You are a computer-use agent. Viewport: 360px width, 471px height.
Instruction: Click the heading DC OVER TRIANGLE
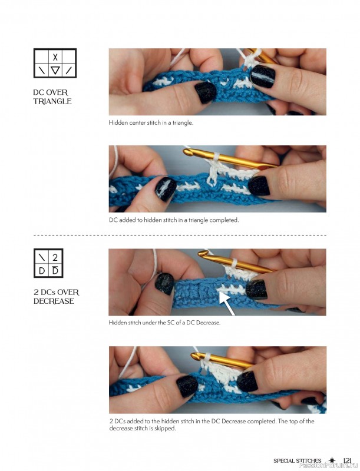coord(52,97)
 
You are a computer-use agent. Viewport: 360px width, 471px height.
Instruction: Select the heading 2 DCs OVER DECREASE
coord(56,297)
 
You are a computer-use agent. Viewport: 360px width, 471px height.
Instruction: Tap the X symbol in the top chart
coord(55,57)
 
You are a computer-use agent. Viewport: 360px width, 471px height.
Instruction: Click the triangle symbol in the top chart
coord(55,71)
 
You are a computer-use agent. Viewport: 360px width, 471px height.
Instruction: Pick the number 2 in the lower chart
coord(55,257)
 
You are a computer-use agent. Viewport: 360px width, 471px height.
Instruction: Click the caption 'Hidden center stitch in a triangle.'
coord(151,123)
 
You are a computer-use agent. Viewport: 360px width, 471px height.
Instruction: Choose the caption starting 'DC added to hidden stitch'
coord(173,220)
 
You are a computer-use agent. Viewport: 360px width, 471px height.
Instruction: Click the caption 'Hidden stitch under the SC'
coord(164,323)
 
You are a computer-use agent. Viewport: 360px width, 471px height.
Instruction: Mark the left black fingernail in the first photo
coord(206,92)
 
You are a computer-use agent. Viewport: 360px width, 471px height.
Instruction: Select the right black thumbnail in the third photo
coord(256,288)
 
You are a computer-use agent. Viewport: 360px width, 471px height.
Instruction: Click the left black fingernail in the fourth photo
coord(187,386)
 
